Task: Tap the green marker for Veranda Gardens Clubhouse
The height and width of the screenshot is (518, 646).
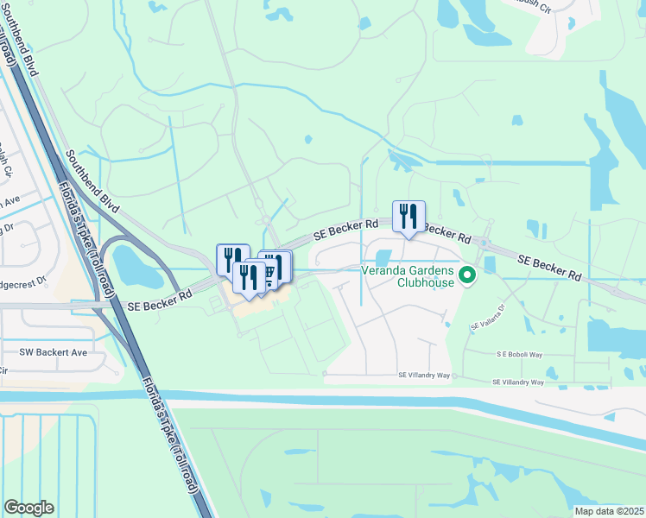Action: (x=467, y=276)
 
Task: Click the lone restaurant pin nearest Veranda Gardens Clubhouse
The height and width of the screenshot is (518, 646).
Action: (x=408, y=217)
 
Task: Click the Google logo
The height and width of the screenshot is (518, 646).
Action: (x=28, y=508)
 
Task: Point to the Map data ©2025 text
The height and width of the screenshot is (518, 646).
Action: (x=609, y=511)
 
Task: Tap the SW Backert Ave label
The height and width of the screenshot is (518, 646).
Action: (x=54, y=353)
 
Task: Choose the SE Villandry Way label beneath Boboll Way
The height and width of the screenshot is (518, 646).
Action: (x=518, y=382)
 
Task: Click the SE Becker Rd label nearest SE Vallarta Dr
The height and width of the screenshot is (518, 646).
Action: (x=549, y=267)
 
